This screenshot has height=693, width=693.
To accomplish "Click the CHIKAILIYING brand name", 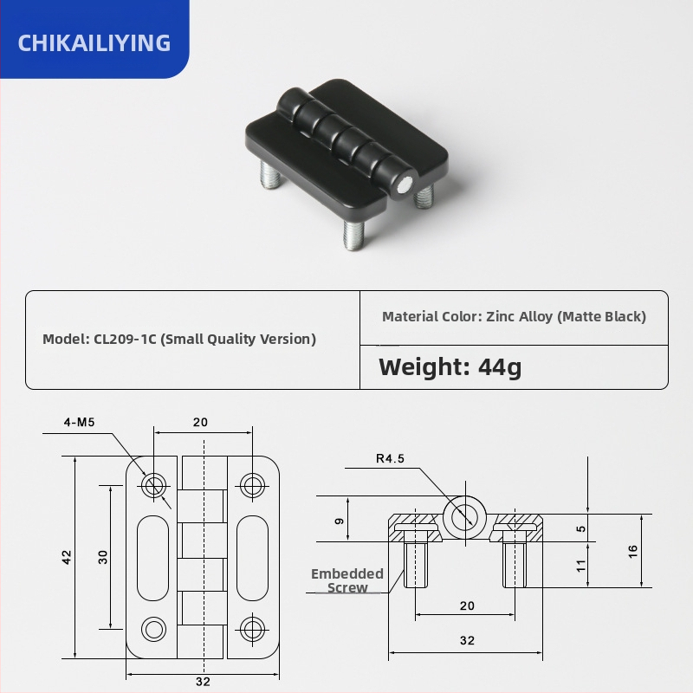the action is pyautogui.click(x=94, y=42).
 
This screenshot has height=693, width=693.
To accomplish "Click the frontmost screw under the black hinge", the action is pyautogui.click(x=354, y=234).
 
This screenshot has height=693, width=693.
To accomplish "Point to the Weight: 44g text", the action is pyautogui.click(x=450, y=367).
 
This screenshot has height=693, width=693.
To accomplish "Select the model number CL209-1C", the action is pyautogui.click(x=125, y=339).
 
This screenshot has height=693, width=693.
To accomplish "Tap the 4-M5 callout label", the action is pyautogui.click(x=79, y=422).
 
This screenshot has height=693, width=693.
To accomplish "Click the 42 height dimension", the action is pyautogui.click(x=67, y=557).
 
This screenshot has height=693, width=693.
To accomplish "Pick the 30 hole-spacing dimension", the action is pyautogui.click(x=102, y=557).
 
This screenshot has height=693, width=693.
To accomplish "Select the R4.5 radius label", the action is pyautogui.click(x=391, y=458).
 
